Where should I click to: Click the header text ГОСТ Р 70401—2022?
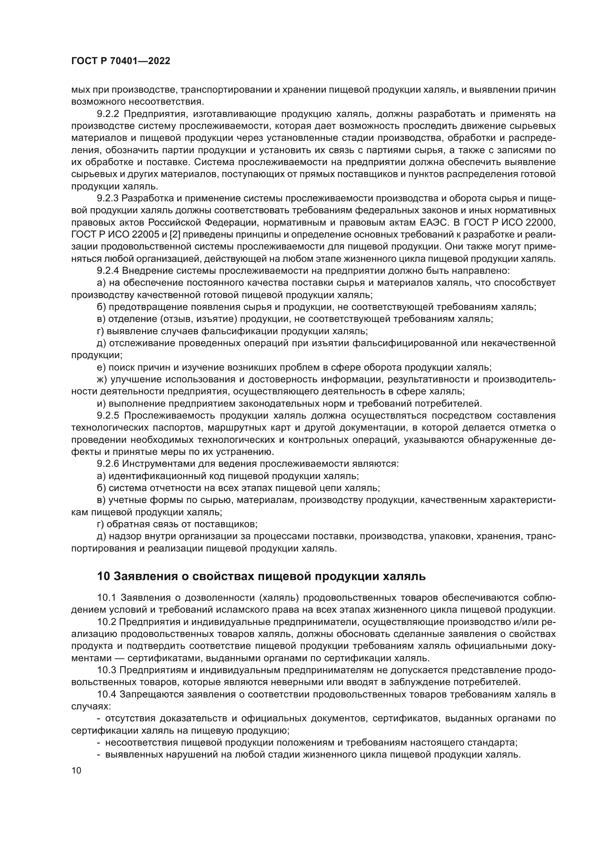click(x=121, y=61)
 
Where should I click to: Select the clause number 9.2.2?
click(x=108, y=114)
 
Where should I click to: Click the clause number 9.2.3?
click(x=108, y=198)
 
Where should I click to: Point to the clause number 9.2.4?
click(x=108, y=271)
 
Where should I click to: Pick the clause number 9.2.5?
click(x=108, y=416)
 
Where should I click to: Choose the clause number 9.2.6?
click(x=108, y=464)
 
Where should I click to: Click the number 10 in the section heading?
click(x=104, y=576)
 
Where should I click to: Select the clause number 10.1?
click(x=106, y=597)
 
